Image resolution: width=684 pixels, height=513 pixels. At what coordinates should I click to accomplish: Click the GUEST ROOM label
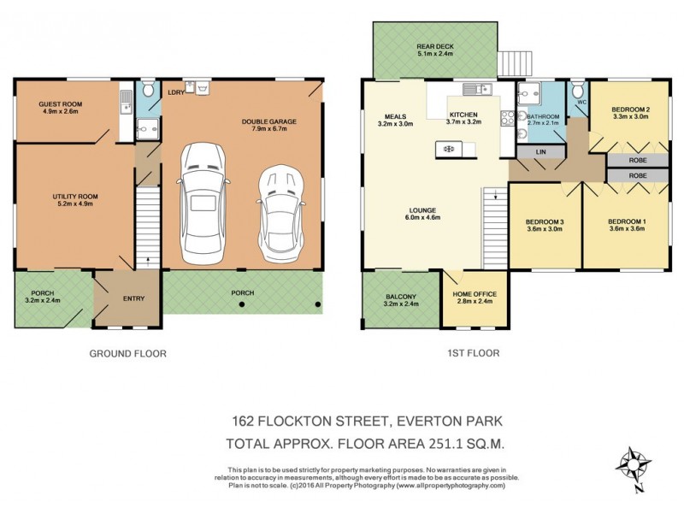coord(59,103)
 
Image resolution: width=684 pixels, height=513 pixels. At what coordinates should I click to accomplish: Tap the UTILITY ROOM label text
coord(73,197)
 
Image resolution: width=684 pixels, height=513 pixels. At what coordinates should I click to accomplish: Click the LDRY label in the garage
coord(177,91)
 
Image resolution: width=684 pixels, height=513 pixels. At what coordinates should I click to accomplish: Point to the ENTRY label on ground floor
coord(133,298)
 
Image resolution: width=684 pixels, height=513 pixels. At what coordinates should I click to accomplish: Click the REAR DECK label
coord(435,47)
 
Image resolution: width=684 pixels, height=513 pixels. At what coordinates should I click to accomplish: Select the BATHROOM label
coord(543,116)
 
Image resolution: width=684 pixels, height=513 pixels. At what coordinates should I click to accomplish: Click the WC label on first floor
coord(581,104)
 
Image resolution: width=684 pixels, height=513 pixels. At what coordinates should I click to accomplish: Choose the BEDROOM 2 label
coord(631,109)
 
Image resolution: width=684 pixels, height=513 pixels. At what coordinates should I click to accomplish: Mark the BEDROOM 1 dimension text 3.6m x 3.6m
coord(626,228)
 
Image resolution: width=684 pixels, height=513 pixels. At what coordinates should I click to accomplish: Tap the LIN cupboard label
coord(540,152)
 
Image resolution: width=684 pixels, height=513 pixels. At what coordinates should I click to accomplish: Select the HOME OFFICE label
coord(474,294)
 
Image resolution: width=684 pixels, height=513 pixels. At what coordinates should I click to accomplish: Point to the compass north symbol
coord(634,466)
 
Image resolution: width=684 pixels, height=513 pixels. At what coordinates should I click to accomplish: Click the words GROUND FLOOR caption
coord(128,353)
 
